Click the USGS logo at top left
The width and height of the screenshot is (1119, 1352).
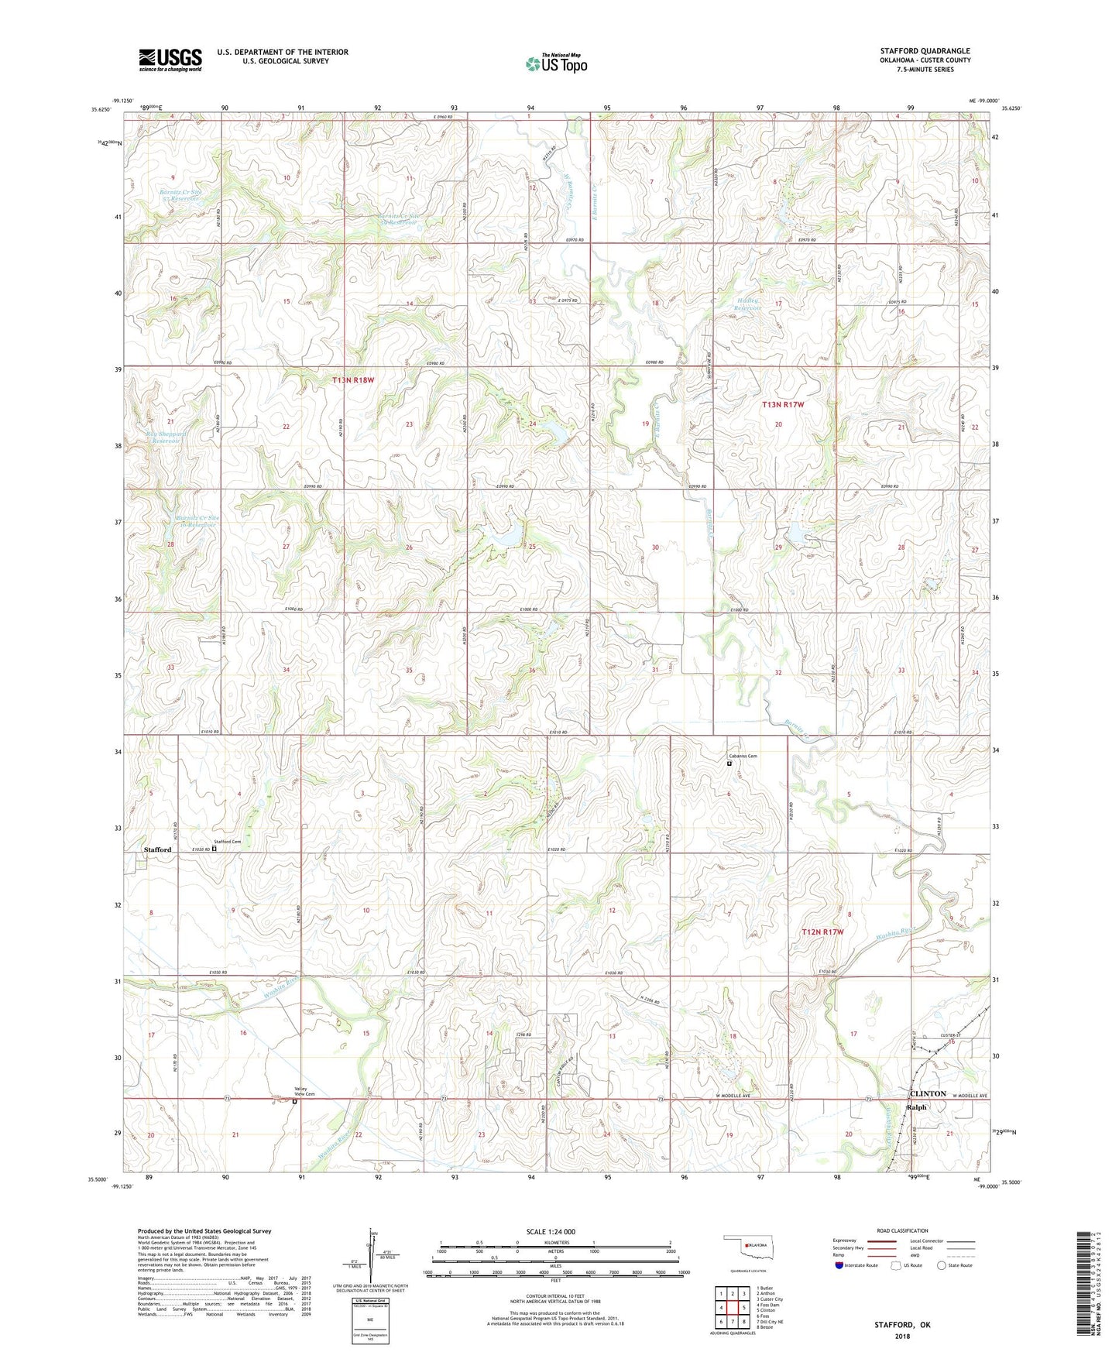click(x=170, y=60)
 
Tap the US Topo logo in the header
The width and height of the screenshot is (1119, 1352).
click(x=556, y=63)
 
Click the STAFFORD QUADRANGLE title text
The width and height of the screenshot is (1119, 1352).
click(x=925, y=51)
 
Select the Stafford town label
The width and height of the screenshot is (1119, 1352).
click(x=157, y=849)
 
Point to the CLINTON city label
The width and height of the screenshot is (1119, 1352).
click(x=927, y=1093)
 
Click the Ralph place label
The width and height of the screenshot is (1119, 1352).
click(x=916, y=1107)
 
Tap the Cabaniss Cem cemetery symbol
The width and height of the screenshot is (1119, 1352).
click(x=729, y=764)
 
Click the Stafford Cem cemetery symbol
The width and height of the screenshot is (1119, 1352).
click(x=215, y=848)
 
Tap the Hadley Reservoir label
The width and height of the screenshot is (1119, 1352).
click(x=748, y=304)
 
